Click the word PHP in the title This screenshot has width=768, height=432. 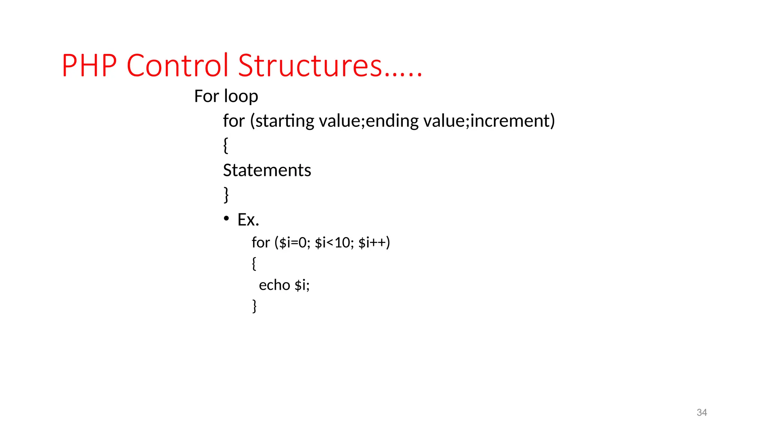point(89,66)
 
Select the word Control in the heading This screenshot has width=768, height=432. point(177,66)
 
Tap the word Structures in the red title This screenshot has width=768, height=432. point(310,66)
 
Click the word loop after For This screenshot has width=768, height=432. point(241,96)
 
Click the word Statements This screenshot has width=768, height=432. point(267,170)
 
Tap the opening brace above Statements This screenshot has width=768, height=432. point(225,145)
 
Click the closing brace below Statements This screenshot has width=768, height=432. point(226,195)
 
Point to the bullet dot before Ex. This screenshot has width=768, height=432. point(226,218)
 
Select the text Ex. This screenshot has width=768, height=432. point(248,220)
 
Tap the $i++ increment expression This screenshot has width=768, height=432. point(372,243)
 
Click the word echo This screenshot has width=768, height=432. point(274,285)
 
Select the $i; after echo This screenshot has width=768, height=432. point(302,285)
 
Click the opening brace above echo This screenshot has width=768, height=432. point(254,264)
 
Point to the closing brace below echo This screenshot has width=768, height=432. point(255,306)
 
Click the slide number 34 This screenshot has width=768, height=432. point(702,412)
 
